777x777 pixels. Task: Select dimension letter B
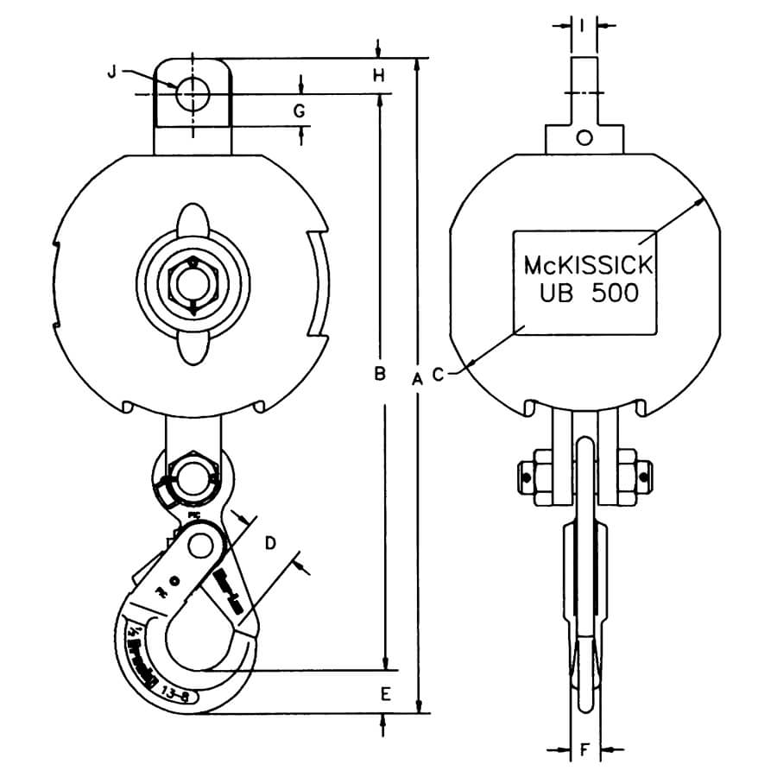(378, 374)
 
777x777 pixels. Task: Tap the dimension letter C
(439, 375)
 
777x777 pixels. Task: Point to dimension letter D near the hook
(269, 543)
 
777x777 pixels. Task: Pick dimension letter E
(385, 693)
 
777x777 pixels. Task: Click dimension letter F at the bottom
(584, 751)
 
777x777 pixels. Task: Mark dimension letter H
(378, 76)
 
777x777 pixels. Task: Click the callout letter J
(111, 73)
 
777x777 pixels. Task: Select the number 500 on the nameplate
(616, 293)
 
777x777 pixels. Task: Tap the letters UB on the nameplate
(556, 293)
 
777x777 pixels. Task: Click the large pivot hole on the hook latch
(203, 545)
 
